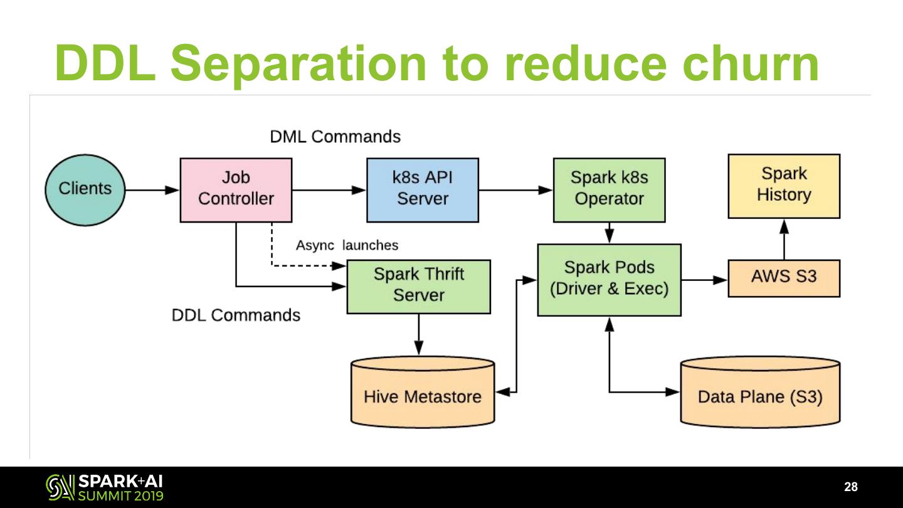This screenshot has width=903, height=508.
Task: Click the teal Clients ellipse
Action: click(85, 189)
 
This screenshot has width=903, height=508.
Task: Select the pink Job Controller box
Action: click(236, 189)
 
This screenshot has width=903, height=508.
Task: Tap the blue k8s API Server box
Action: click(423, 189)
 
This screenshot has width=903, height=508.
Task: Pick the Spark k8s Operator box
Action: click(609, 189)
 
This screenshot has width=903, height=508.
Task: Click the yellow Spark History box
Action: click(783, 186)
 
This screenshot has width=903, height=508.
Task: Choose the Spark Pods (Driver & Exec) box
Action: click(609, 280)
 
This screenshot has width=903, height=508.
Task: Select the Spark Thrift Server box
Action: click(418, 286)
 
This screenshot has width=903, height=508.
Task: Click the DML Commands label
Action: click(335, 137)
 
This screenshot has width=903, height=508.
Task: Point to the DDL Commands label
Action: click(236, 315)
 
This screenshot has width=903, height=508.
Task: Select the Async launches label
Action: click(347, 245)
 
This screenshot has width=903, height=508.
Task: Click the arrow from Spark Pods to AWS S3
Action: click(704, 280)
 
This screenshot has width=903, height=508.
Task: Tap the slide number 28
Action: click(851, 487)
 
